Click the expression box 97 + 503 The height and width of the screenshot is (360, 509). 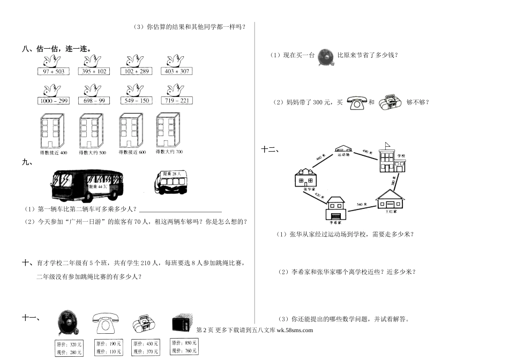pos(54,71)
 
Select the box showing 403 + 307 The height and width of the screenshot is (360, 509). pos(177,71)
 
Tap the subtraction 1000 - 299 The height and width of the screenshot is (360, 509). pos(54,101)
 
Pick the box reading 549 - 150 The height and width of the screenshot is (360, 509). pos(136,101)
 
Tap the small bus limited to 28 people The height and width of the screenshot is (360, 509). pos(170,182)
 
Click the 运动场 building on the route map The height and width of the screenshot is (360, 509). pos(343,151)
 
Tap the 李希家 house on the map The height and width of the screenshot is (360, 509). pos(336,208)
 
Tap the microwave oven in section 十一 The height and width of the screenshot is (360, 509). pos(183,325)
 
